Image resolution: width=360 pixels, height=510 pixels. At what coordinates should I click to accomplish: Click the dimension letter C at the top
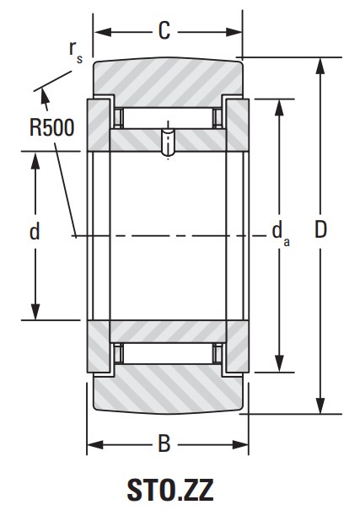coord(164,31)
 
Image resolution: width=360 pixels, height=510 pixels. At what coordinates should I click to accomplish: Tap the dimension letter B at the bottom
coord(164,443)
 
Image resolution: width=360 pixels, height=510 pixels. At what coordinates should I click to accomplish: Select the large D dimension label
coord(320,229)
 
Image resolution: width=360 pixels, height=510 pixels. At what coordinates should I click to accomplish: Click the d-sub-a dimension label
coord(281,234)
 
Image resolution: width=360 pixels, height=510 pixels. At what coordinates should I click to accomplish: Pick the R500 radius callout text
coord(52,127)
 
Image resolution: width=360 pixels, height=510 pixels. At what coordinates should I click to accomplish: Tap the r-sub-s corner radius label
coord(76,51)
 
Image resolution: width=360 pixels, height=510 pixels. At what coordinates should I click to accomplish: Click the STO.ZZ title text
coord(170,490)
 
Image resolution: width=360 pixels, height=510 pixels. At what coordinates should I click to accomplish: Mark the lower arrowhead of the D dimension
coord(320,405)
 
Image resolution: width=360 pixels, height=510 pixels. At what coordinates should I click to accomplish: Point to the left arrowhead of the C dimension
coord(103,32)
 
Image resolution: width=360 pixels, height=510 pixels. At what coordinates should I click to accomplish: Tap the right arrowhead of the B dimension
coord(240,444)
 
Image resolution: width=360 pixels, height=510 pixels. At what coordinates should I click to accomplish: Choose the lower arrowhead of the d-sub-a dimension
coord(279,363)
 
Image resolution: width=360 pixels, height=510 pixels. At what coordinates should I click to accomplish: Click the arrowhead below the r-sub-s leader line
coord(44,97)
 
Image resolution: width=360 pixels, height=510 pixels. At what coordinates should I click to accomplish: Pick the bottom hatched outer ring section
coord(168,389)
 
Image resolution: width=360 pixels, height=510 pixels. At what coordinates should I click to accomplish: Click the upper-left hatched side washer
coord(98,126)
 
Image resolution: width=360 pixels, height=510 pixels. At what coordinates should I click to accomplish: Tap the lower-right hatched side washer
coord(238,346)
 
